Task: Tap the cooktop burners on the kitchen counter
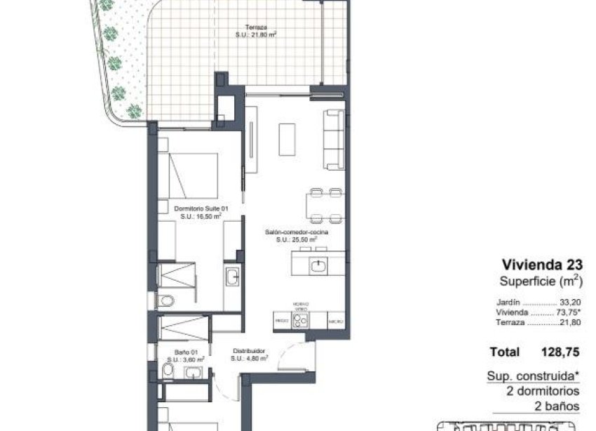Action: tap(301, 320)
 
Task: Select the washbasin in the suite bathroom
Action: tap(232, 277)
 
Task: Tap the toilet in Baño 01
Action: tap(165, 370)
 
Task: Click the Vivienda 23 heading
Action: tap(542, 264)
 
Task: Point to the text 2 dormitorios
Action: tap(544, 391)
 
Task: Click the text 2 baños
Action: tap(559, 405)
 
